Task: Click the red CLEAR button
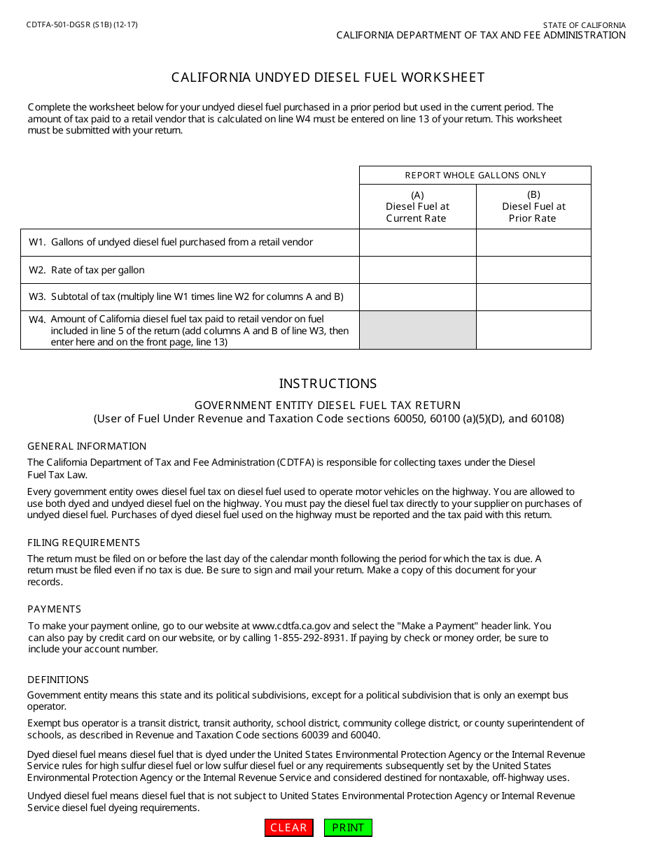(x=288, y=828)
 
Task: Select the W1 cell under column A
(x=418, y=243)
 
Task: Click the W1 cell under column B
(x=533, y=243)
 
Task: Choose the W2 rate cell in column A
(x=418, y=270)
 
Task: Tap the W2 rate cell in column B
(x=533, y=270)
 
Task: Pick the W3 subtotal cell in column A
(x=418, y=296)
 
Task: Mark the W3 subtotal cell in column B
(x=533, y=296)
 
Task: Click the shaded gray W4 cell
(x=418, y=330)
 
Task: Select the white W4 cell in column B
(x=533, y=330)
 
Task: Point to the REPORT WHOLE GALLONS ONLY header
(x=475, y=175)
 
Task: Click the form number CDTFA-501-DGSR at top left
(x=83, y=24)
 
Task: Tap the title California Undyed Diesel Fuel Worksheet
(x=328, y=78)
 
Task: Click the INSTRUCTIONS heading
(x=328, y=384)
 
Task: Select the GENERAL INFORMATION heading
(x=87, y=446)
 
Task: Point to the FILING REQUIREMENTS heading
(x=83, y=543)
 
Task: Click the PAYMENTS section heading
(x=54, y=609)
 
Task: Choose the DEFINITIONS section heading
(x=58, y=680)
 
